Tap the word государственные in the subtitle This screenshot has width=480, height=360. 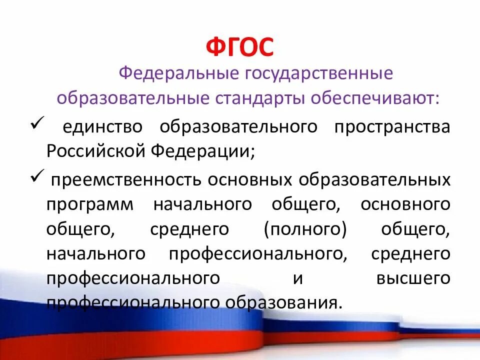point(318,74)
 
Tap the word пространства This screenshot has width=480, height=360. point(392,126)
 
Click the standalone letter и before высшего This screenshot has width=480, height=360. point(298,278)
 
